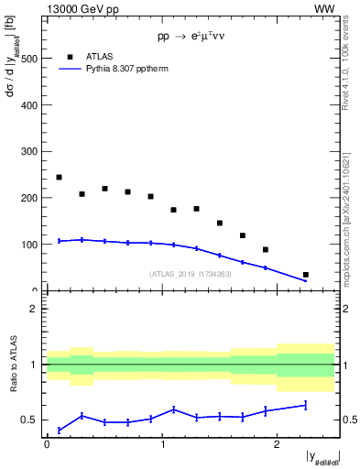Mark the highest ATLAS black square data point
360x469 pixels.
59,178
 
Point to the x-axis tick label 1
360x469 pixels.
162,445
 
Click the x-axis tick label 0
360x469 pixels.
47,445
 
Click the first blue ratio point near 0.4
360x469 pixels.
59,430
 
